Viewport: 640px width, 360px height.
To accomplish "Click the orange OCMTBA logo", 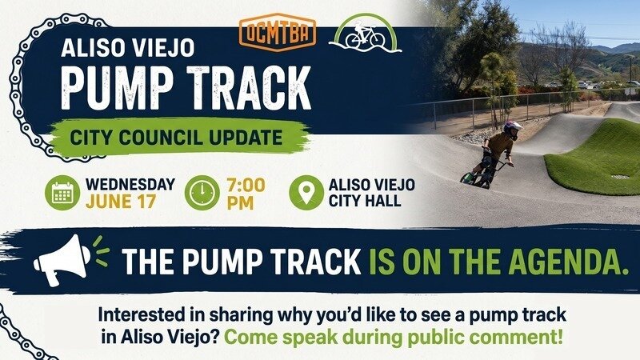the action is (278, 32).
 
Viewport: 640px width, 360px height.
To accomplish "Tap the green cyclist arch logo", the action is (365, 34).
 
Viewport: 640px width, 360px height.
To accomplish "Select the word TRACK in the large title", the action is (249, 88).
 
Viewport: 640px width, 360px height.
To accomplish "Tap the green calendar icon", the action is (62, 193).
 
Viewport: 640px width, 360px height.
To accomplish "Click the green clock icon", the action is (202, 193).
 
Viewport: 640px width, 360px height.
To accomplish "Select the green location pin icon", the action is (306, 193).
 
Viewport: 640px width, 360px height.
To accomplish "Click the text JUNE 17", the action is (121, 202).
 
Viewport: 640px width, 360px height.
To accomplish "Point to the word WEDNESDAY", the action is (130, 185).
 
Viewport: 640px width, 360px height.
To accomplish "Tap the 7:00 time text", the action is (246, 186).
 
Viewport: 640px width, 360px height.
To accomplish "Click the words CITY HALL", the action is (365, 201).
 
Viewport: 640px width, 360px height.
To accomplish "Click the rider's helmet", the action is (512, 129).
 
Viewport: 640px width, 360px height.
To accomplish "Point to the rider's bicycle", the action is (486, 173).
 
